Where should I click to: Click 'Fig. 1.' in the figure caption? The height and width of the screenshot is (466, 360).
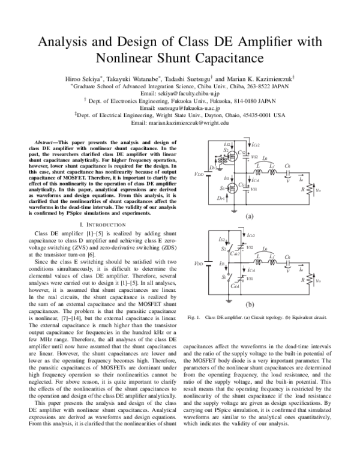point(193,317)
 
